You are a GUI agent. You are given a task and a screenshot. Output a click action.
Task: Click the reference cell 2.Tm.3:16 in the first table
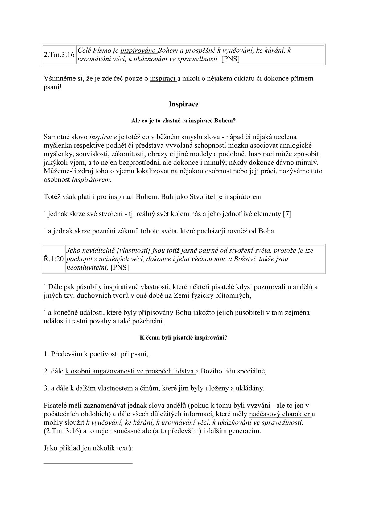(59, 55)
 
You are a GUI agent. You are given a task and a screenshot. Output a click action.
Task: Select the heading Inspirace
(183, 104)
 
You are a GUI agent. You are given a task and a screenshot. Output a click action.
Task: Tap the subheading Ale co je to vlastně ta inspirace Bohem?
(183, 121)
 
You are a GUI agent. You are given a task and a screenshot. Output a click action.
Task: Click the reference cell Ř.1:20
(54, 259)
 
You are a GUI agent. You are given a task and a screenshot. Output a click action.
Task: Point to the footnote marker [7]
(287, 214)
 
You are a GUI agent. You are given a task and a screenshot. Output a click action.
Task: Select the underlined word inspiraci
(163, 78)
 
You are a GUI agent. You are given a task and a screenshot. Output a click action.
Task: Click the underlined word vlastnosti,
(156, 287)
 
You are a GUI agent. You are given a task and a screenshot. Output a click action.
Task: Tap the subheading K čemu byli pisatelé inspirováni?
(183, 338)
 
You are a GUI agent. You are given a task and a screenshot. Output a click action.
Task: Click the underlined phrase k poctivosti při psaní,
(116, 354)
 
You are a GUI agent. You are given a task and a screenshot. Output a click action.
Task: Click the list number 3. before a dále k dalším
(47, 388)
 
